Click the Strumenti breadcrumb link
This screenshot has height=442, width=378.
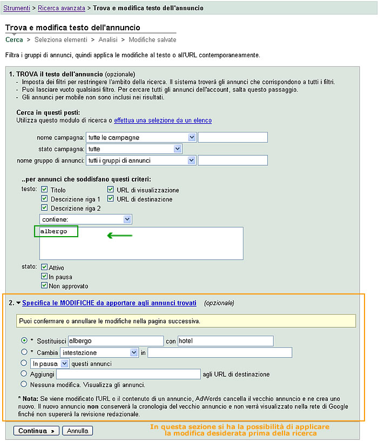click(x=16, y=8)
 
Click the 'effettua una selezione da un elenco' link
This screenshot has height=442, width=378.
click(x=163, y=120)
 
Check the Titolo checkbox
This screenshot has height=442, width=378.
click(x=45, y=190)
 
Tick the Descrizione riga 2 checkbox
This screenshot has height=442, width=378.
click(x=45, y=207)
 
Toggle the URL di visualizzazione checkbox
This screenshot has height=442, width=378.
click(x=111, y=190)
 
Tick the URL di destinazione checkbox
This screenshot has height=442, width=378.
click(x=111, y=199)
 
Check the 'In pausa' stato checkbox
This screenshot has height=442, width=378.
click(x=44, y=276)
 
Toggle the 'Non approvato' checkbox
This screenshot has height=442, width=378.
click(x=44, y=285)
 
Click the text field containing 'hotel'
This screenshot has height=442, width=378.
click(x=225, y=341)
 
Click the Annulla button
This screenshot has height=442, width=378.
click(x=77, y=431)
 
